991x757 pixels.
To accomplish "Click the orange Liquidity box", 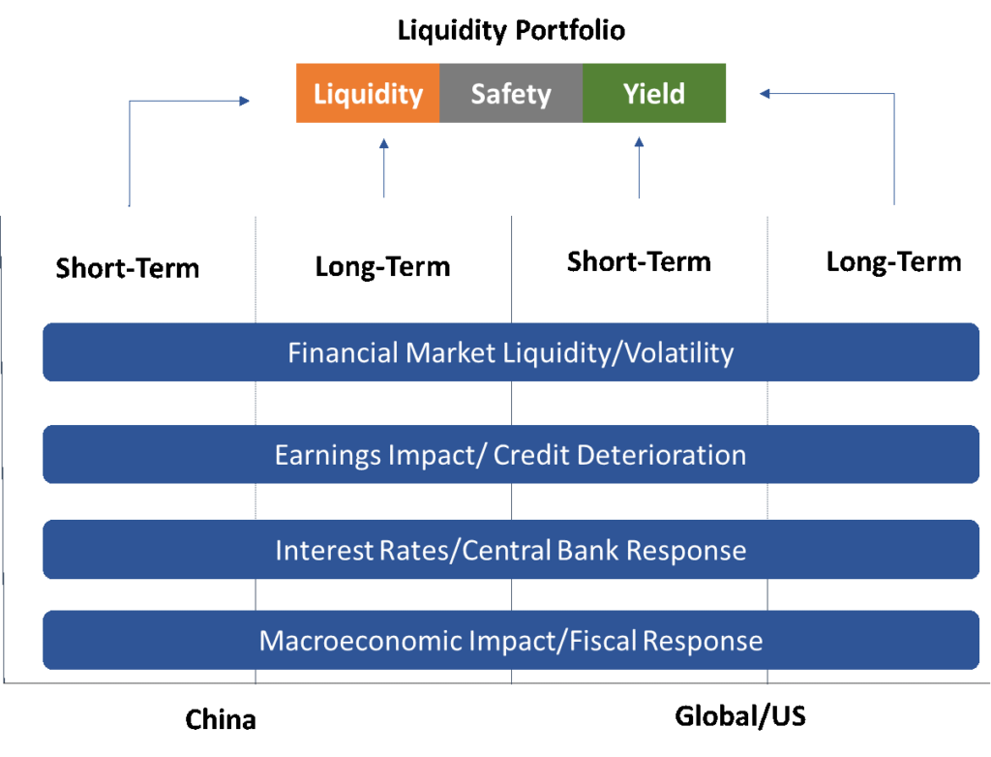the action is pos(368,93).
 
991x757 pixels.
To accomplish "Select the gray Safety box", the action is pos(511,93).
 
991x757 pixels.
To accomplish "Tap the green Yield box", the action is pos(654,93).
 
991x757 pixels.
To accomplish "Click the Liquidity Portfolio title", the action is pos(511,30).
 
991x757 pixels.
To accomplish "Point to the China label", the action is pos(221,719).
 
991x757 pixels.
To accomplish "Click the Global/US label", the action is pos(740,716).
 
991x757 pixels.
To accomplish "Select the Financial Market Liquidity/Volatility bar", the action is pos(511,352).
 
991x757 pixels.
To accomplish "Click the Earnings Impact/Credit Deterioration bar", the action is pos(511,455).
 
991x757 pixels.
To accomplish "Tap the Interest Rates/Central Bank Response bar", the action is pos(511,550).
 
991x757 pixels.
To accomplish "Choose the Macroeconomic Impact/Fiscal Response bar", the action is pos(511,640).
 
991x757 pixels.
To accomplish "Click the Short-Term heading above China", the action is pos(128,268).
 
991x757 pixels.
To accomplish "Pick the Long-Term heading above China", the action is pos(383,267).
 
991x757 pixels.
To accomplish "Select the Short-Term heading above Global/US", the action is pos(639,261).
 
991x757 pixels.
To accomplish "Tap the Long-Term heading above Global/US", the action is pos(893,261).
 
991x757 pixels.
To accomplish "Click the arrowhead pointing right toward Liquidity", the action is pos(245,101).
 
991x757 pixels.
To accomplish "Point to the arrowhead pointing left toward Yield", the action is pos(765,94).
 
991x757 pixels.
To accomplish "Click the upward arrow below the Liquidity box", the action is pos(383,167).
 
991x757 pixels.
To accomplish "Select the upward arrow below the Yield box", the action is pos(639,167).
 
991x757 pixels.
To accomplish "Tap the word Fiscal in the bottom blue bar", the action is pos(603,641).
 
